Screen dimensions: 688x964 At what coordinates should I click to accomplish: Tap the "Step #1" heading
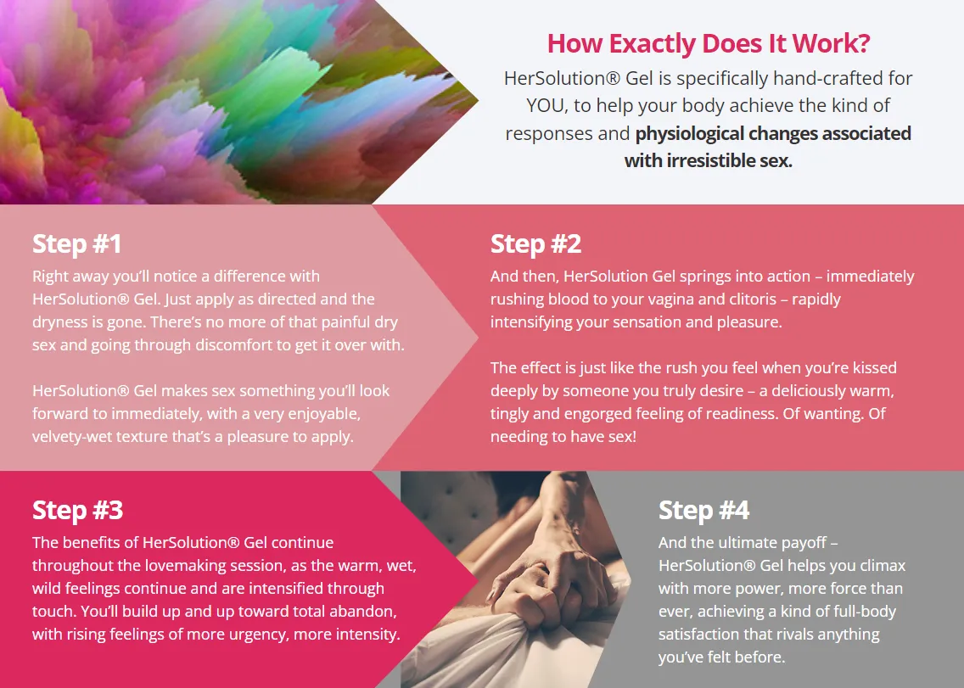pos(77,244)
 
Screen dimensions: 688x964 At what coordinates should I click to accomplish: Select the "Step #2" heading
pos(535,244)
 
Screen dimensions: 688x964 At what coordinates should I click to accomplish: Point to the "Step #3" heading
pos(77,510)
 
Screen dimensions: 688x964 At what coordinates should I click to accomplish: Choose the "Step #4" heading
pos(703,510)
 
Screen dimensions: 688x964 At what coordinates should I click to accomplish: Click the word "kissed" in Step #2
pos(874,367)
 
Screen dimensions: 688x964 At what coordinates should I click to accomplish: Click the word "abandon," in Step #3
pos(361,611)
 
